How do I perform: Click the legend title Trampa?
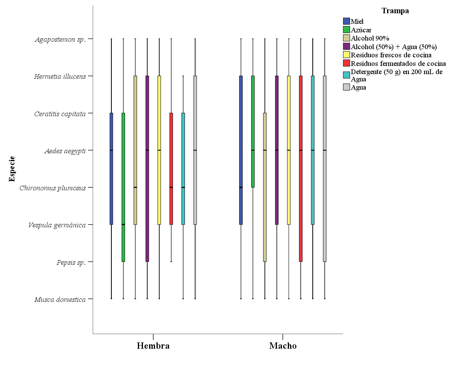click(x=395, y=11)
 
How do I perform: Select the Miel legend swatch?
click(x=346, y=21)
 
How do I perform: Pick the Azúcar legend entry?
click(x=361, y=30)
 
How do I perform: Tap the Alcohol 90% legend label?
click(x=370, y=38)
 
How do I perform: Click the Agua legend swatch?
click(x=346, y=87)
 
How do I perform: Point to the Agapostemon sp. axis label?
click(x=60, y=39)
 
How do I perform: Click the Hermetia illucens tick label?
click(x=60, y=76)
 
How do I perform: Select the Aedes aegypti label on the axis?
click(x=65, y=151)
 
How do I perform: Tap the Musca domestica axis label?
click(x=60, y=300)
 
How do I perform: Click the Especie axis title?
click(x=12, y=169)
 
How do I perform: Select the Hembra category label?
click(x=153, y=346)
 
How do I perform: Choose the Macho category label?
click(x=283, y=346)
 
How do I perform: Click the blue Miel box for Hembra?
click(x=111, y=168)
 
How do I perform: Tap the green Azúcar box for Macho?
click(x=253, y=131)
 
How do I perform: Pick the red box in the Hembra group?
click(x=171, y=168)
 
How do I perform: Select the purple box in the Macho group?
click(x=277, y=150)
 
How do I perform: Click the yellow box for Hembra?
click(x=159, y=150)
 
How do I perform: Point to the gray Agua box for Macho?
click(x=324, y=168)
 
